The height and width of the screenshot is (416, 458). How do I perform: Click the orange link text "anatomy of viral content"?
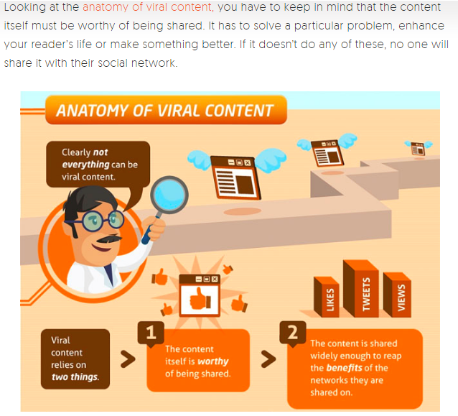tap(149, 7)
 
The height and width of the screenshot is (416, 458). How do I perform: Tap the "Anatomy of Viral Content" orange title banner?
tap(166, 110)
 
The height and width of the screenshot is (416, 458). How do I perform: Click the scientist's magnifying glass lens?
tap(169, 195)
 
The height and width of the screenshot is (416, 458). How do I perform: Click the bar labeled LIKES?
tap(327, 297)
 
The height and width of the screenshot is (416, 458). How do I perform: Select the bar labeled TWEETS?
tap(361, 289)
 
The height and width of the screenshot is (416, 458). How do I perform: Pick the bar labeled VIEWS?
tap(397, 295)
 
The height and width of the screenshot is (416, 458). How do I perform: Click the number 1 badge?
tap(151, 333)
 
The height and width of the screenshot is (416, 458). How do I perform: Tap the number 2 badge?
tap(293, 333)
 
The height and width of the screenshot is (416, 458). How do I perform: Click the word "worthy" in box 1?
tap(213, 361)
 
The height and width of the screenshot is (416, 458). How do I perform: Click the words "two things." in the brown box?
tap(75, 376)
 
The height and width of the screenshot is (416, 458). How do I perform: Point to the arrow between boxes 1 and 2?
tap(268, 359)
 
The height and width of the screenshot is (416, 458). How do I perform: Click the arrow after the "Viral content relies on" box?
tap(128, 359)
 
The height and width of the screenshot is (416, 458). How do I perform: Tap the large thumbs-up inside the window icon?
tap(200, 299)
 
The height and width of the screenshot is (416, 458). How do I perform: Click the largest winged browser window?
tap(237, 175)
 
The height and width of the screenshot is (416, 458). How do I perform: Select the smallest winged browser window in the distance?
tap(419, 147)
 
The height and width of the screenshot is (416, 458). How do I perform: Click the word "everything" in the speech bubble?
tap(82, 165)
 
